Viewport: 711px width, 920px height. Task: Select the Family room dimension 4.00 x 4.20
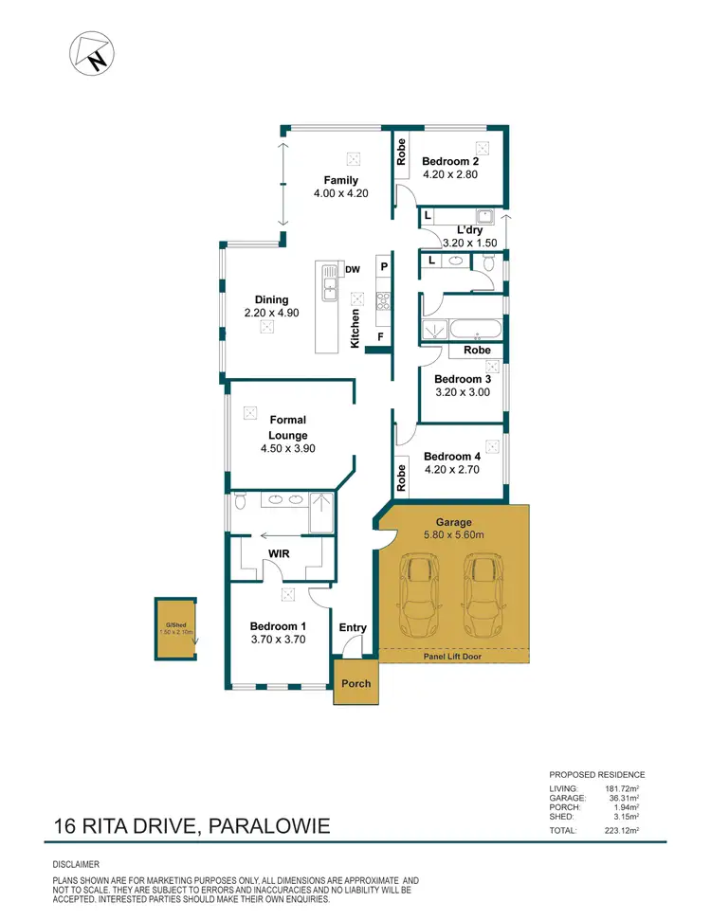[340, 193]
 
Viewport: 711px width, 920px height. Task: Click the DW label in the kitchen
[353, 270]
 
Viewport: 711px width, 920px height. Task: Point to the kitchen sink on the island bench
[330, 281]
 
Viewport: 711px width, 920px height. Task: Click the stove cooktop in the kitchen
[384, 300]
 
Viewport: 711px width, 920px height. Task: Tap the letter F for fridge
[380, 336]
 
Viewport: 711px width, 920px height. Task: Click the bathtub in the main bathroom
[477, 331]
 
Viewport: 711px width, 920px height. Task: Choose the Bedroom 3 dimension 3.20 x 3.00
[463, 391]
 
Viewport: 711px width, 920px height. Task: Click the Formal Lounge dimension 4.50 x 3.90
[287, 451]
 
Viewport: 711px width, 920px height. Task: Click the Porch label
[355, 683]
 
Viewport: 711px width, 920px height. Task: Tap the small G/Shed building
[176, 627]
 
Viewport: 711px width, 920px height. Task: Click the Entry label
[353, 627]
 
